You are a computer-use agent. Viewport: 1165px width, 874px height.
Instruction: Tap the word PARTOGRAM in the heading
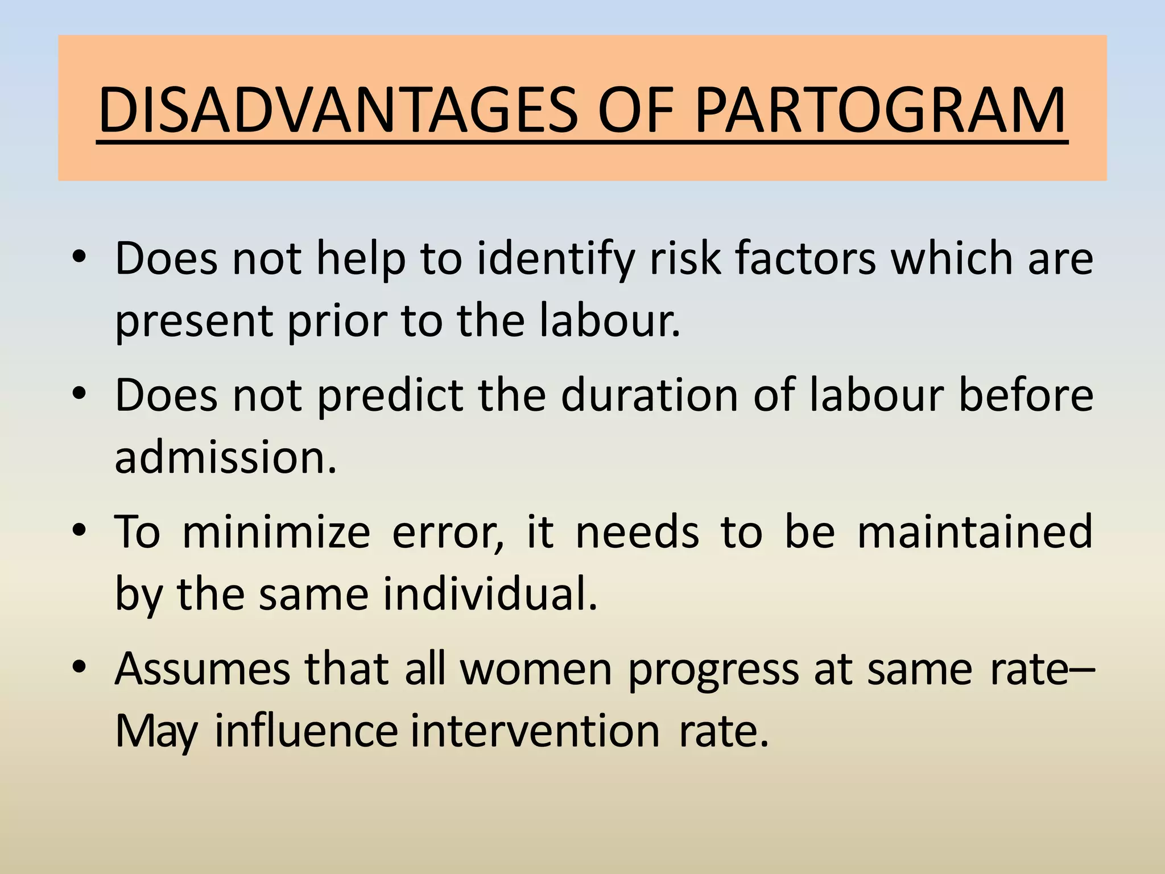coord(879,109)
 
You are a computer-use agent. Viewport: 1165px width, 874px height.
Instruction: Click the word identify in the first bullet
coord(555,259)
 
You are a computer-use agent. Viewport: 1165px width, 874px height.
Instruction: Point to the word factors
coord(805,259)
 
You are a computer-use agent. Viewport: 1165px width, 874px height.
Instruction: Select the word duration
coord(649,395)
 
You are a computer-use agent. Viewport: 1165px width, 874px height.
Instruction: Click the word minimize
coord(276,532)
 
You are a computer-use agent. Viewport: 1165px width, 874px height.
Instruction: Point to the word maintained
coord(974,532)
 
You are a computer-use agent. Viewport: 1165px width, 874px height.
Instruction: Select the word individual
coord(489,593)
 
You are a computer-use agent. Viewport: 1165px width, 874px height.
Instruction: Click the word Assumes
coord(203,670)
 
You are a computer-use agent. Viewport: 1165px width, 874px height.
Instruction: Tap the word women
coord(536,670)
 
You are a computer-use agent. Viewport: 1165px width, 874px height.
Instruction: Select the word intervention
coord(535,731)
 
